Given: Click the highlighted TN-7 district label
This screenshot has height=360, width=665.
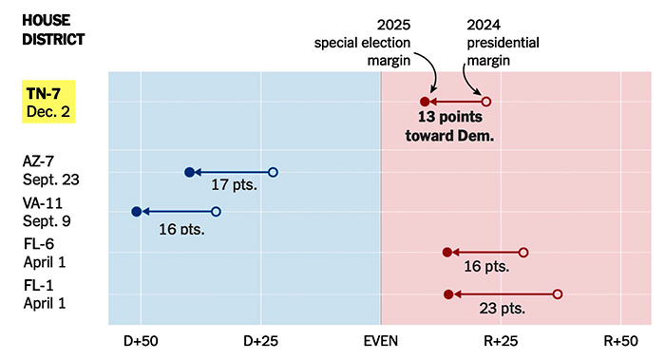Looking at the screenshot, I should (49, 102).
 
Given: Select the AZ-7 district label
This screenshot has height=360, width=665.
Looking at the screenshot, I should (50, 171).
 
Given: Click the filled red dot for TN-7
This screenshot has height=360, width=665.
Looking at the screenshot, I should (426, 102).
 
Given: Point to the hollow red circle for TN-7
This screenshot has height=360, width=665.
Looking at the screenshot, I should (486, 102).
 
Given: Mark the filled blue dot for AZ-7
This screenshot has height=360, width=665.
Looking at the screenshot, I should (189, 172).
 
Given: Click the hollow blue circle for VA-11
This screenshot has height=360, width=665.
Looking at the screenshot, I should (216, 212).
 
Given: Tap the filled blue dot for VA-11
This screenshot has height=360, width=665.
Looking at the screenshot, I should (136, 212).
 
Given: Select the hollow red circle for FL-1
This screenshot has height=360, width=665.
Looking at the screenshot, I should (558, 294).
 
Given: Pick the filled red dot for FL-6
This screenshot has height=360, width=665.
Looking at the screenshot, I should (446, 253).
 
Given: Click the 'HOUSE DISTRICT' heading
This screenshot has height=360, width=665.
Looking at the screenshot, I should (53, 28).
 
